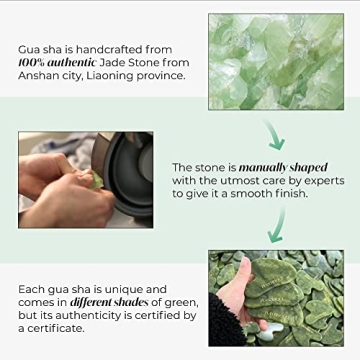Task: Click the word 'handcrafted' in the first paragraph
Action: pyautogui.click(x=118, y=48)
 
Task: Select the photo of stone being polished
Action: pyautogui.click(x=85, y=180)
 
